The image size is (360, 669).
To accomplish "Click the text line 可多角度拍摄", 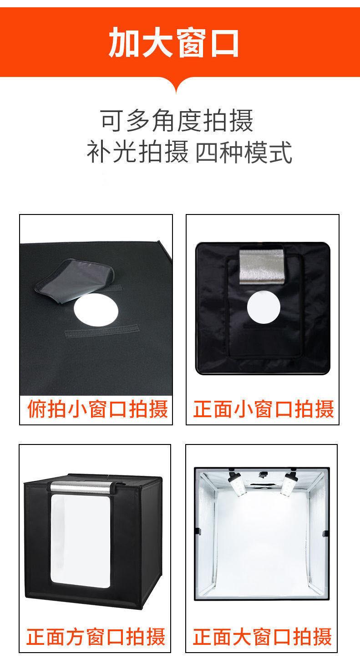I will point(177,121).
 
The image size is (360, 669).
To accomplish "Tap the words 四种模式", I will point(243,153).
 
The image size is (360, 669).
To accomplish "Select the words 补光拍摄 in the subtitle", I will point(137,153).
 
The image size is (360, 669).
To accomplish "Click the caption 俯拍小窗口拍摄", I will point(97,409).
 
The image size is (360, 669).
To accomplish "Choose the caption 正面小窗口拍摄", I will point(264,409).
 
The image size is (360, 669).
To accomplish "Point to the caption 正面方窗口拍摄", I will point(96,636).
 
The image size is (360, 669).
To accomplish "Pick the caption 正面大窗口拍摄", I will point(262,636).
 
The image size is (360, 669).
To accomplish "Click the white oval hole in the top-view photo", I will point(96,311).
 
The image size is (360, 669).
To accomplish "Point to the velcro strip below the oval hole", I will point(102,329).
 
